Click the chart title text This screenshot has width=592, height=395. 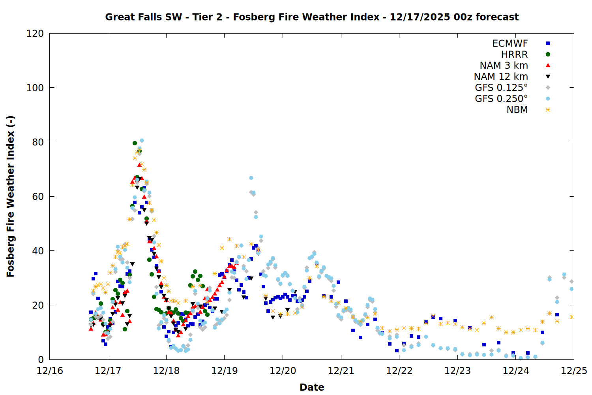click(x=312, y=17)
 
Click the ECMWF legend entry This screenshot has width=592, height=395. click(x=510, y=43)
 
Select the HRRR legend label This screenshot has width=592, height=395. click(x=514, y=55)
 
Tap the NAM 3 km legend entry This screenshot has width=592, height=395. click(x=504, y=66)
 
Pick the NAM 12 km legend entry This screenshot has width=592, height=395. click(x=501, y=77)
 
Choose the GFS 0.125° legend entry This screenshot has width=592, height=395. click(x=501, y=88)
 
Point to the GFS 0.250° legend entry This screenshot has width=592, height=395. click(x=501, y=99)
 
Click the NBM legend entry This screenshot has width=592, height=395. click(x=517, y=110)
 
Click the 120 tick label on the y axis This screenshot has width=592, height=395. click(x=35, y=34)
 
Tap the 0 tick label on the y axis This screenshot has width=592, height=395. click(x=41, y=359)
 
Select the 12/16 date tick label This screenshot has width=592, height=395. click(x=50, y=371)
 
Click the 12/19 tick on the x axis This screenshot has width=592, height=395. click(x=225, y=371)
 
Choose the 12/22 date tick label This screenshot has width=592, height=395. click(x=399, y=371)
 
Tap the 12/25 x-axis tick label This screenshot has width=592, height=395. click(x=574, y=371)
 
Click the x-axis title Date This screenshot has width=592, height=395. click(x=312, y=387)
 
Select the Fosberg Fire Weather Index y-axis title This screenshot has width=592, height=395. click(x=11, y=196)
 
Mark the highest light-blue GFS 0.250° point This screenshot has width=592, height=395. click(x=142, y=141)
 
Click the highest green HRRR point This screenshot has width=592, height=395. click(x=135, y=143)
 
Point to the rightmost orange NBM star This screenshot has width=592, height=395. click(x=571, y=317)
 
